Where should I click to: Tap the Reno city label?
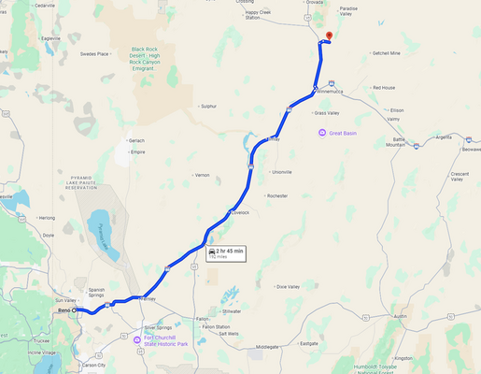pos(64,309)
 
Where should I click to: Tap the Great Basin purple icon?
pos(321,133)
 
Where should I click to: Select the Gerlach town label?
pos(136,140)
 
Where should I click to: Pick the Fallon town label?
pos(202,319)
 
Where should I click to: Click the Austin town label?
pos(401,316)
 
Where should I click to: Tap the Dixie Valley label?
pos(288,286)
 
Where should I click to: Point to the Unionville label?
pos(280,172)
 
